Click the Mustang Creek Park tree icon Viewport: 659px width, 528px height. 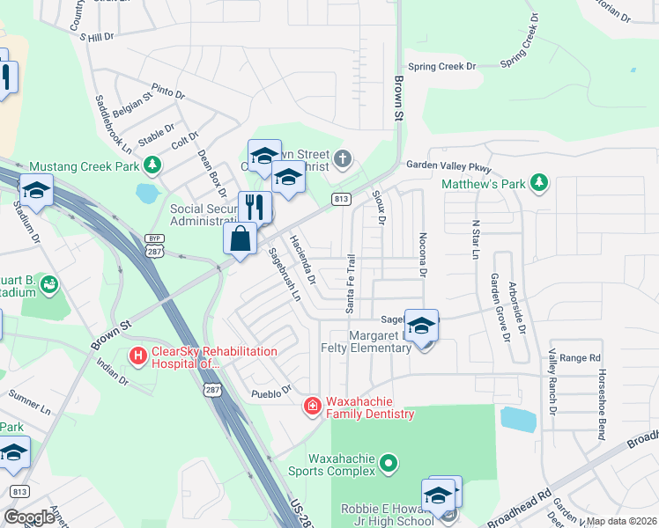[152, 165]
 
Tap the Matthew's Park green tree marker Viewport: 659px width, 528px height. [538, 184]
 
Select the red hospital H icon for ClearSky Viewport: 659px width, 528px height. [138, 356]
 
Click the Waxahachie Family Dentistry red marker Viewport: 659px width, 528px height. [312, 406]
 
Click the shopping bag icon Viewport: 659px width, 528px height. [240, 238]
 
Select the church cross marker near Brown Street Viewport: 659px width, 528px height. [343, 159]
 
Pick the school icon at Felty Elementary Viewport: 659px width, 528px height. [422, 326]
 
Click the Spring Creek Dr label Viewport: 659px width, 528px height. [441, 66]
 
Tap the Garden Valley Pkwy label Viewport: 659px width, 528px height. [448, 165]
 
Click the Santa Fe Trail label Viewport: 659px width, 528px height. [350, 282]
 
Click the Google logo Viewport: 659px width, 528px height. [29, 517]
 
